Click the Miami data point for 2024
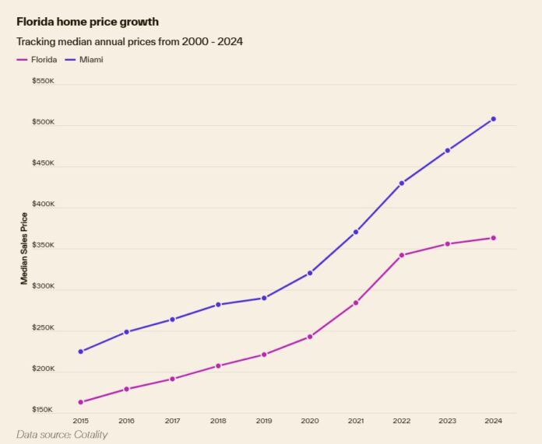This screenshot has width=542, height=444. click(493, 119)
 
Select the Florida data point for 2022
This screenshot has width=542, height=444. click(402, 255)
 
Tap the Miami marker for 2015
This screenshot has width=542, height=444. click(81, 351)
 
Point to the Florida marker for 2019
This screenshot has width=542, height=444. click(264, 355)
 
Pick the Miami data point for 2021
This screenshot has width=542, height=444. click(356, 232)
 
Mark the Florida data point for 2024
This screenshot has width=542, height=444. click(493, 238)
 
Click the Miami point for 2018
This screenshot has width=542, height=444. click(218, 305)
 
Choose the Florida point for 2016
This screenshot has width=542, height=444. click(126, 389)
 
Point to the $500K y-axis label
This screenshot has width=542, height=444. click(43, 122)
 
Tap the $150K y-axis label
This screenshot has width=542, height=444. click(43, 410)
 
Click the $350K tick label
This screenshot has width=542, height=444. click(43, 246)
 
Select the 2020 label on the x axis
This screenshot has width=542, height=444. click(310, 421)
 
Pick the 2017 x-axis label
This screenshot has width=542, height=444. click(172, 421)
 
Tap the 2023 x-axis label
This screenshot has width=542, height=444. click(447, 421)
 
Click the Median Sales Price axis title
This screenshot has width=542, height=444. click(24, 248)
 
